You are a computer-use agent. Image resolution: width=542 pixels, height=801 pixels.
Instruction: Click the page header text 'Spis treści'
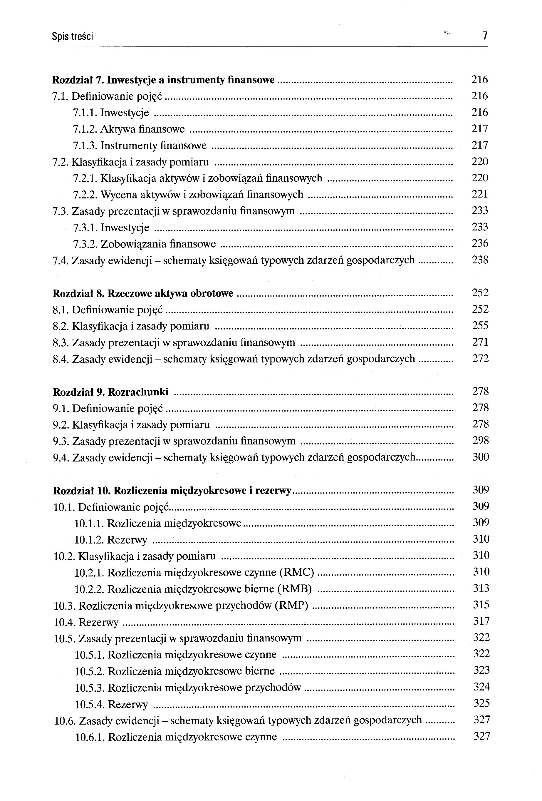coord(72,36)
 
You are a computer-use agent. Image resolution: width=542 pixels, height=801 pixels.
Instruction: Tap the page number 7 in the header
coord(485,36)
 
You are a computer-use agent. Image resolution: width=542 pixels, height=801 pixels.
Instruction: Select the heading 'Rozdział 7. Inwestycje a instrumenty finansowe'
coord(163,80)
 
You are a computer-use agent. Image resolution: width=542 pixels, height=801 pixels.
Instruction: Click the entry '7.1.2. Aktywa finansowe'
coord(129,129)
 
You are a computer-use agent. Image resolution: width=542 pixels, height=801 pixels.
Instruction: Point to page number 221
coord(480,194)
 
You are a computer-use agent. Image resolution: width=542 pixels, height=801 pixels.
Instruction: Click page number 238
coord(480,260)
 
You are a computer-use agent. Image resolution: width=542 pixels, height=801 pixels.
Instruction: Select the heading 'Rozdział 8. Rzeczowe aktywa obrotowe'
coord(143,293)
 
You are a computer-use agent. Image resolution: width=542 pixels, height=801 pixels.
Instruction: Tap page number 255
coord(480,325)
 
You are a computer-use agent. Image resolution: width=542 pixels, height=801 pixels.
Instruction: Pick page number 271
coord(480,342)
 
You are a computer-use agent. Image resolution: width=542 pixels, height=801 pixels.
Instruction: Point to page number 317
coord(481,621)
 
